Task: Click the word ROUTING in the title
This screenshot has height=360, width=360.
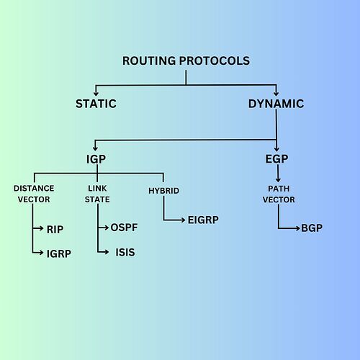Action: [x=149, y=60]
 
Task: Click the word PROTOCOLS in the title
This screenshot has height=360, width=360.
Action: [x=215, y=60]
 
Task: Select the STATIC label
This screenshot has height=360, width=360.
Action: [x=96, y=104]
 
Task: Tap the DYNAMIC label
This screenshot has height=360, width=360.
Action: [x=276, y=104]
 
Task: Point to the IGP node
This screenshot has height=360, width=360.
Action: [x=96, y=159]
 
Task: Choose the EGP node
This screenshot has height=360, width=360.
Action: [x=276, y=158]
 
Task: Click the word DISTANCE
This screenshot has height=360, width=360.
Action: [x=34, y=189]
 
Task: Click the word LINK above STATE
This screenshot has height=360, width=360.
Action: [x=97, y=189]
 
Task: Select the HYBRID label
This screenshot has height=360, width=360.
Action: [x=163, y=191]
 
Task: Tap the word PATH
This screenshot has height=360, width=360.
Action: [x=279, y=189]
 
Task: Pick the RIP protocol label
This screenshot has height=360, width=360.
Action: [x=55, y=230]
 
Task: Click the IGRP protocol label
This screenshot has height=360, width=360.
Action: [x=59, y=253]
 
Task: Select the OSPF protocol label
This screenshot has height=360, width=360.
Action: [x=124, y=228]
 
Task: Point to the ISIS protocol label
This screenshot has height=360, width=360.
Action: [x=125, y=252]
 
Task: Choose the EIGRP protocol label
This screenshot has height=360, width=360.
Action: [x=203, y=220]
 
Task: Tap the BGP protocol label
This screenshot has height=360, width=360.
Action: [x=312, y=228]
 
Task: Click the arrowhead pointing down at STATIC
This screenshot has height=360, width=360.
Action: [x=96, y=94]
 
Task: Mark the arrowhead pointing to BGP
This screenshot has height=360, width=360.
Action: [x=298, y=228]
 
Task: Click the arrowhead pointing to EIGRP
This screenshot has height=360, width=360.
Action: [x=183, y=220]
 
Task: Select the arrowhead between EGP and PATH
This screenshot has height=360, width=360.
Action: [x=278, y=179]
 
